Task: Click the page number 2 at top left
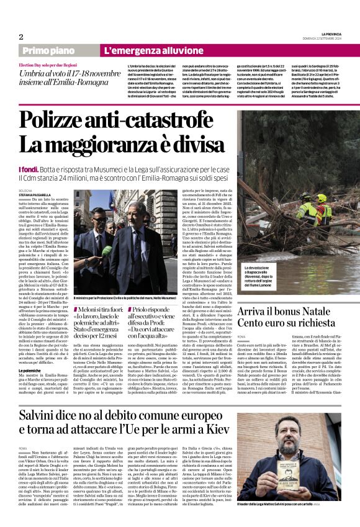[21, 37]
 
